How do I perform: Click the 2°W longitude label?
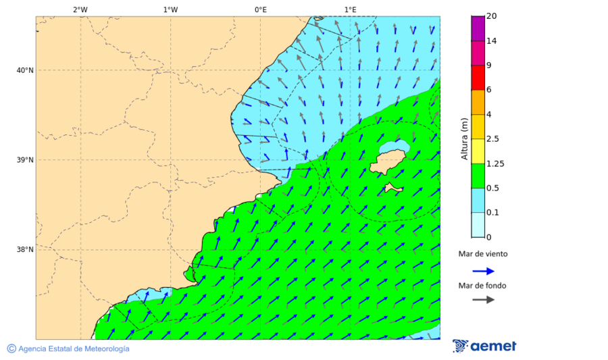coord(80,9)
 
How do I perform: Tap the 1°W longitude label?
coord(170,9)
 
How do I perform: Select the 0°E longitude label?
coord(260,9)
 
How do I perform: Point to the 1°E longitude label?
coord(351,9)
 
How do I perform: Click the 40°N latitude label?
coord(24,70)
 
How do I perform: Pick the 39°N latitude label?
coord(24,160)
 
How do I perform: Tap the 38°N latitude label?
coord(24,249)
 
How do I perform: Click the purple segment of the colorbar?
coord(478,28)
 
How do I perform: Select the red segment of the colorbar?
coord(478,77)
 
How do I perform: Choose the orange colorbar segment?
coord(478,102)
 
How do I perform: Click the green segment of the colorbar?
coord(478,176)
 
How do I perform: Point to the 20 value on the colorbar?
coord(491,17)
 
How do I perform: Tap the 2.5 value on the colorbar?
coord(492,139)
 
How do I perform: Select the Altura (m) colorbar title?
coord(464,138)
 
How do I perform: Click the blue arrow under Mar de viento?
coord(483,271)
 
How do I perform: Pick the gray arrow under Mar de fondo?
coord(483,299)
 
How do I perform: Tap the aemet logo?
coord(484,346)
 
